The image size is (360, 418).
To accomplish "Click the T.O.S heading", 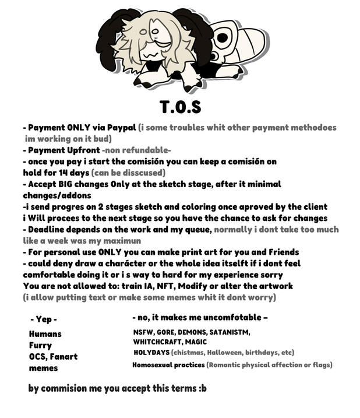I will (180, 107).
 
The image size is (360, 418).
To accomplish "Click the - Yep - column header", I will (43, 319).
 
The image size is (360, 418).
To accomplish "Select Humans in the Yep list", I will (45, 334).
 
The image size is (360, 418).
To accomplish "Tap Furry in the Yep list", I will (40, 345).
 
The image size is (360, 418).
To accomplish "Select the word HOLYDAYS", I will (151, 353).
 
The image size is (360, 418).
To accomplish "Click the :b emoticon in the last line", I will (202, 388).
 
